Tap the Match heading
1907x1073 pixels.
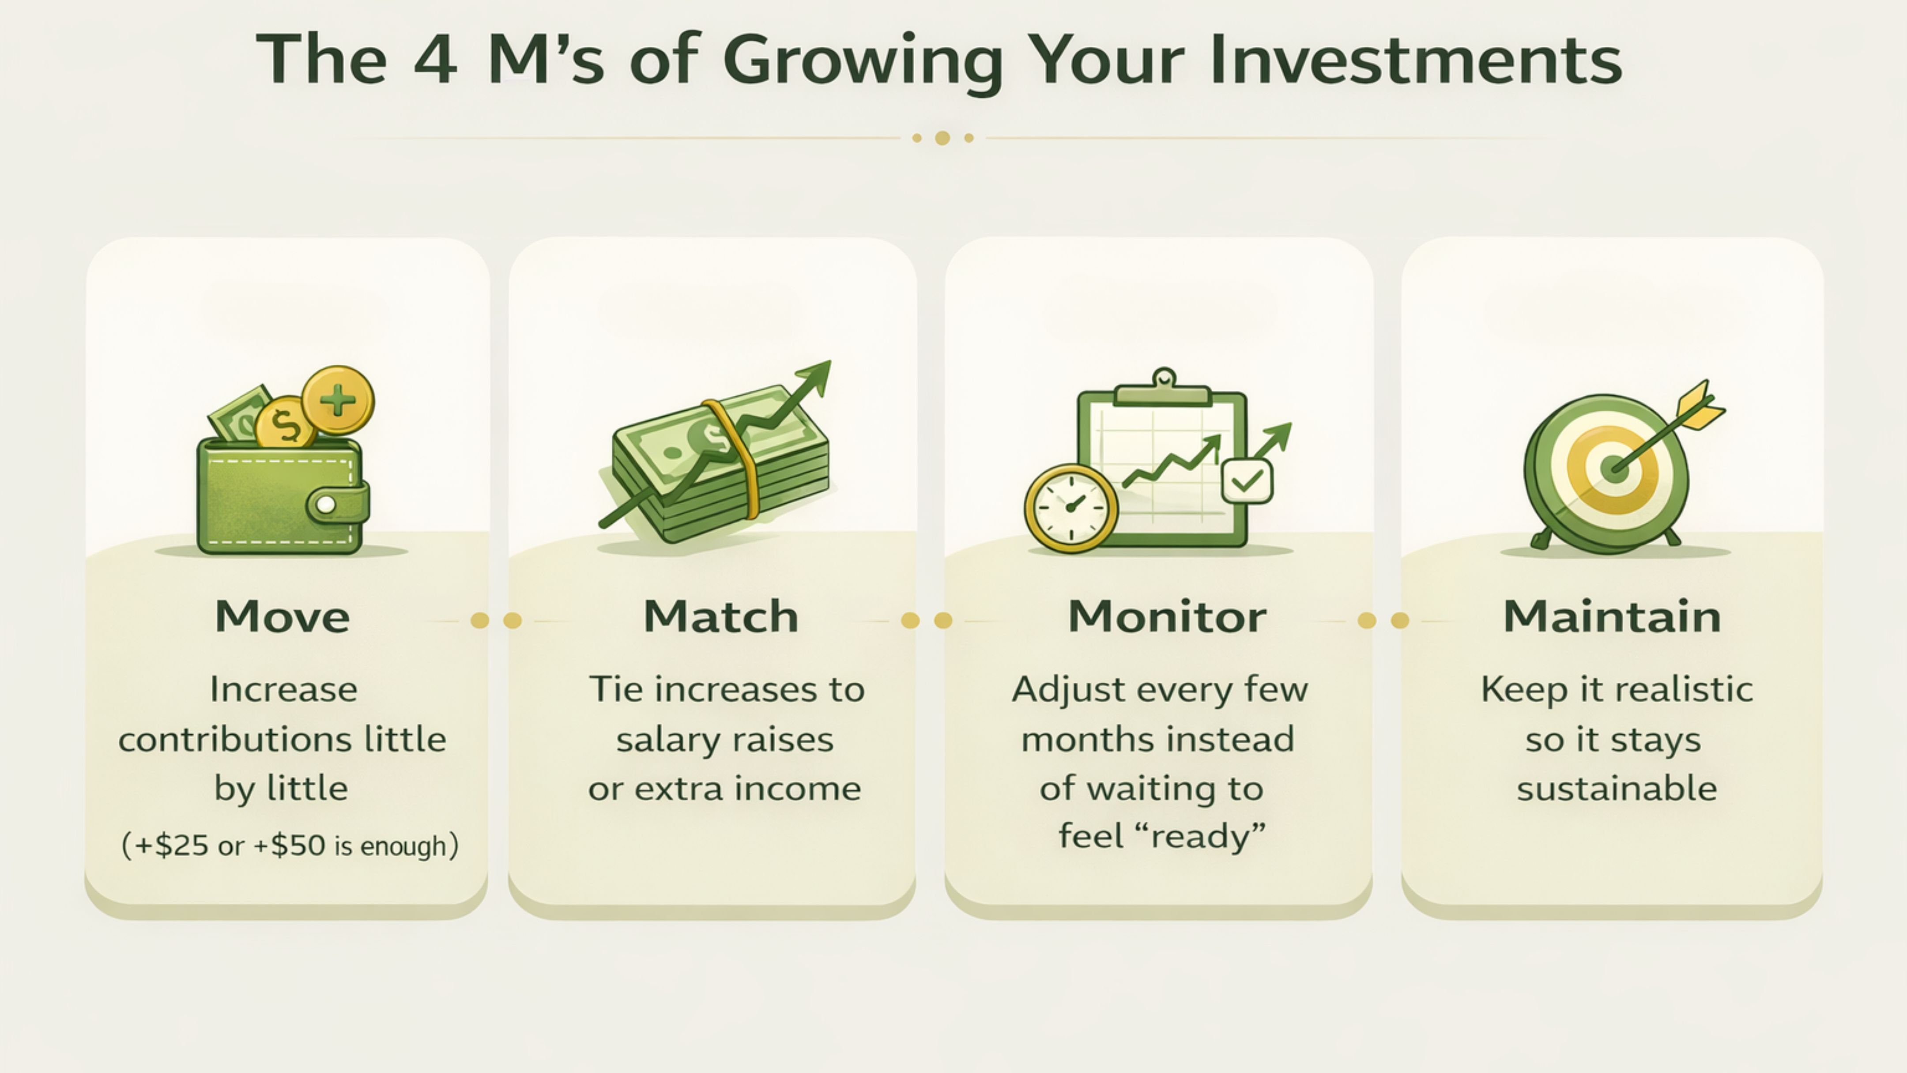tap(721, 617)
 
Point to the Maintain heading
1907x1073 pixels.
tap(1613, 617)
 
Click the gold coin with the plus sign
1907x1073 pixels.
tap(338, 400)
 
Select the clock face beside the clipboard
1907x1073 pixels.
tap(1071, 508)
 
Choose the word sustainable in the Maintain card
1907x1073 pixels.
tap(1617, 788)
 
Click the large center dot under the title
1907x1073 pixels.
tap(942, 138)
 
